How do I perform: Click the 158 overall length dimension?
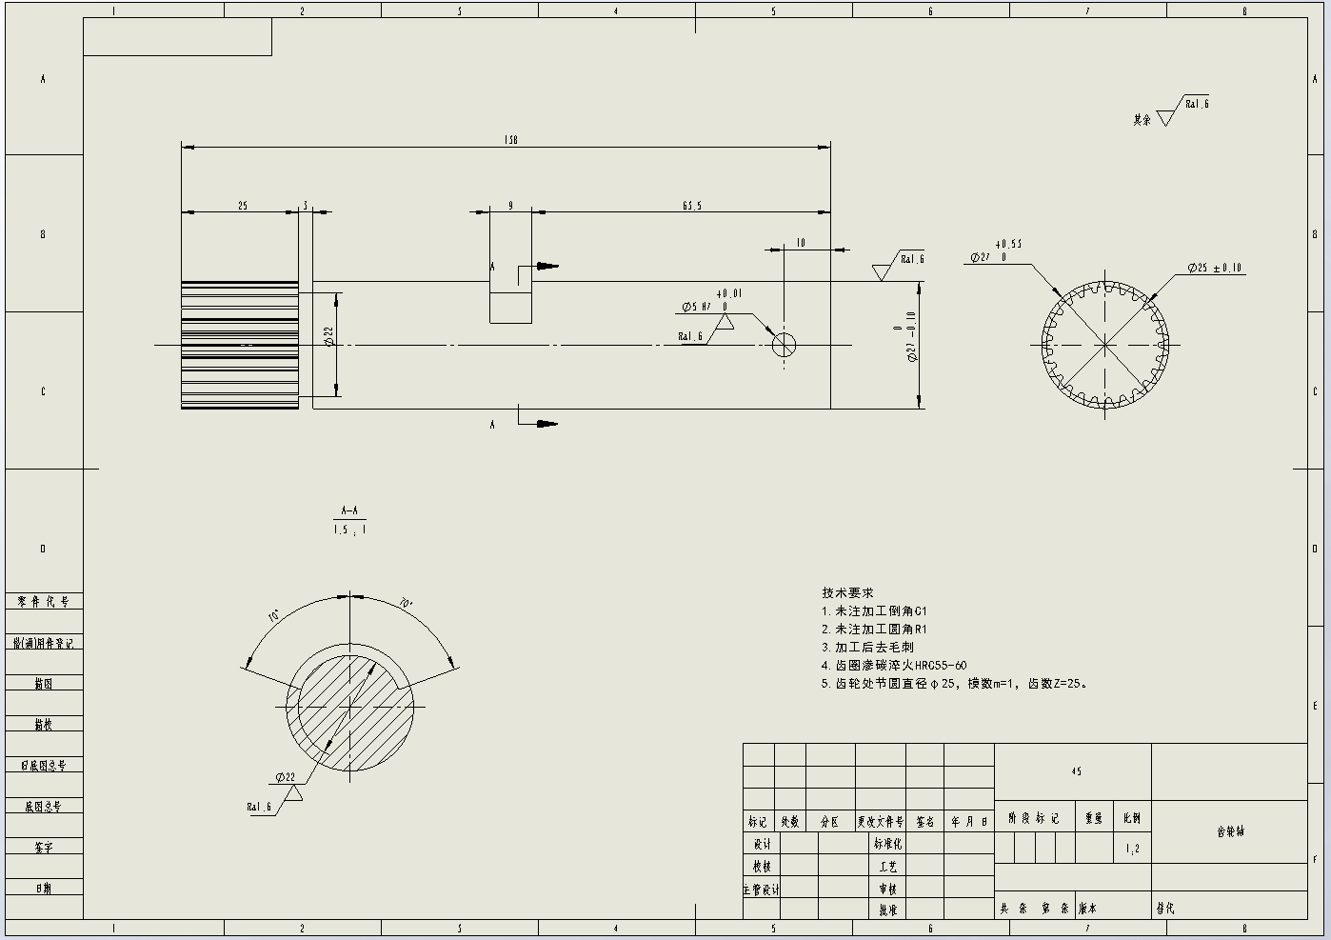[510, 140]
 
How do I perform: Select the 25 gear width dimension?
[243, 206]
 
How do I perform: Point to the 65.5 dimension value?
[692, 206]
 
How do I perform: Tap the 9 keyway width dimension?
[510, 206]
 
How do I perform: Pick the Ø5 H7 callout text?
[697, 307]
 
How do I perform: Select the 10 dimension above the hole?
[801, 243]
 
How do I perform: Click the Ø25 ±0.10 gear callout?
[1214, 269]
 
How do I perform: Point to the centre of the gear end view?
[1104, 345]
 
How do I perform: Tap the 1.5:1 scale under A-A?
[349, 530]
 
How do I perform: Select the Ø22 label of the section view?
[286, 777]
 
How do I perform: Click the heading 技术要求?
[847, 592]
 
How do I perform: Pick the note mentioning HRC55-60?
[894, 666]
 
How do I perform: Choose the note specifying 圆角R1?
[874, 630]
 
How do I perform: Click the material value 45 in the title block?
[1076, 771]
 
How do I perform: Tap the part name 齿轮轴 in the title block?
[1230, 831]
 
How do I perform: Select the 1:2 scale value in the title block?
[1132, 848]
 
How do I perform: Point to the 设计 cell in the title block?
[762, 844]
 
